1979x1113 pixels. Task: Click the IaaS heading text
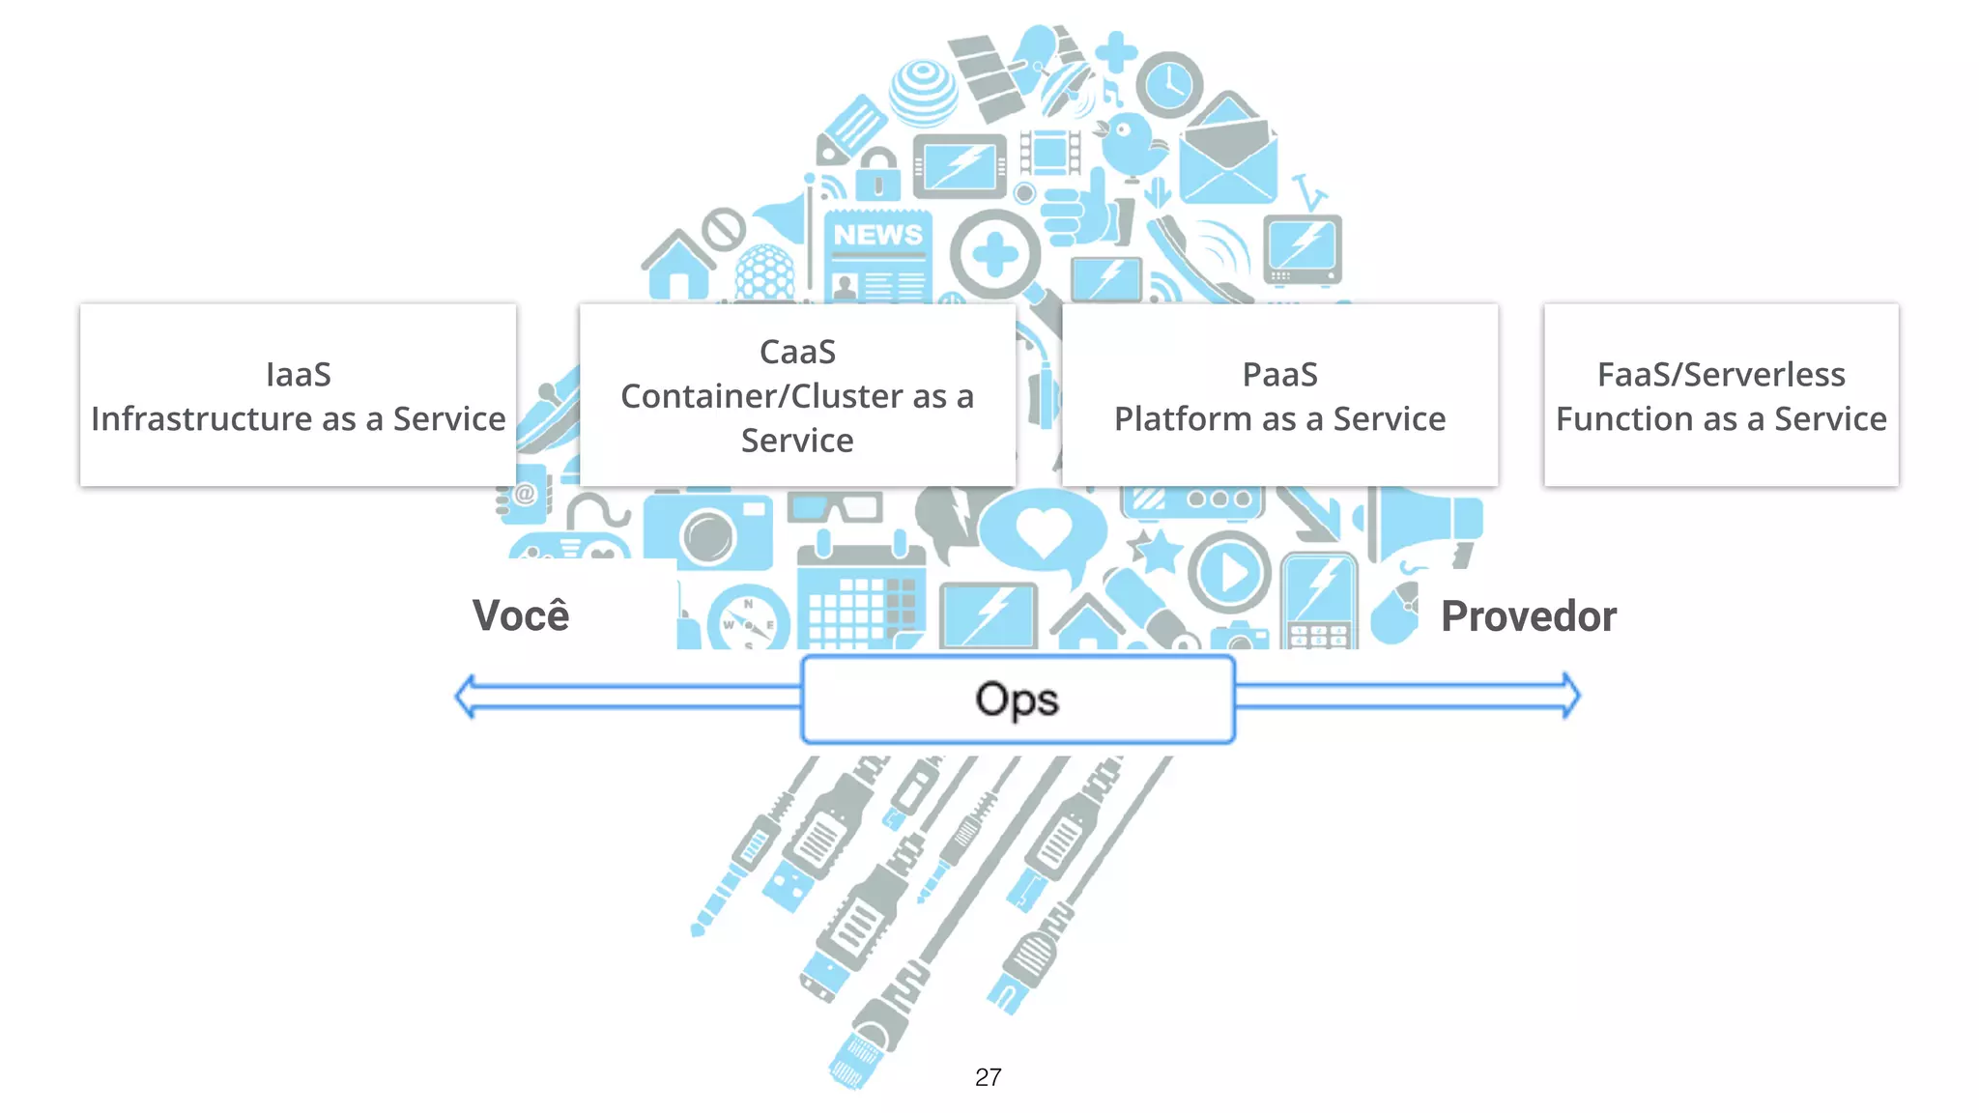(x=298, y=374)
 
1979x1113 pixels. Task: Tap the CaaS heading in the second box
(x=797, y=352)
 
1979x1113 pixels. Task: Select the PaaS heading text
(x=1279, y=374)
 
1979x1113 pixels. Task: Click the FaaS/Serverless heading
(x=1720, y=374)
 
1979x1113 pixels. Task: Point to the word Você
(x=521, y=615)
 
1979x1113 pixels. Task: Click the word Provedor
(x=1528, y=616)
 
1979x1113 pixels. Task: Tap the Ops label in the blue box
(x=1017, y=699)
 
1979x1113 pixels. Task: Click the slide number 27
(x=988, y=1077)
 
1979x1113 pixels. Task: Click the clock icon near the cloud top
(x=1169, y=85)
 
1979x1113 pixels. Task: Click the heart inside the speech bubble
(x=1043, y=530)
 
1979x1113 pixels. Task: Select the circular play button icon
(x=1229, y=572)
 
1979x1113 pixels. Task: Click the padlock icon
(x=878, y=175)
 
